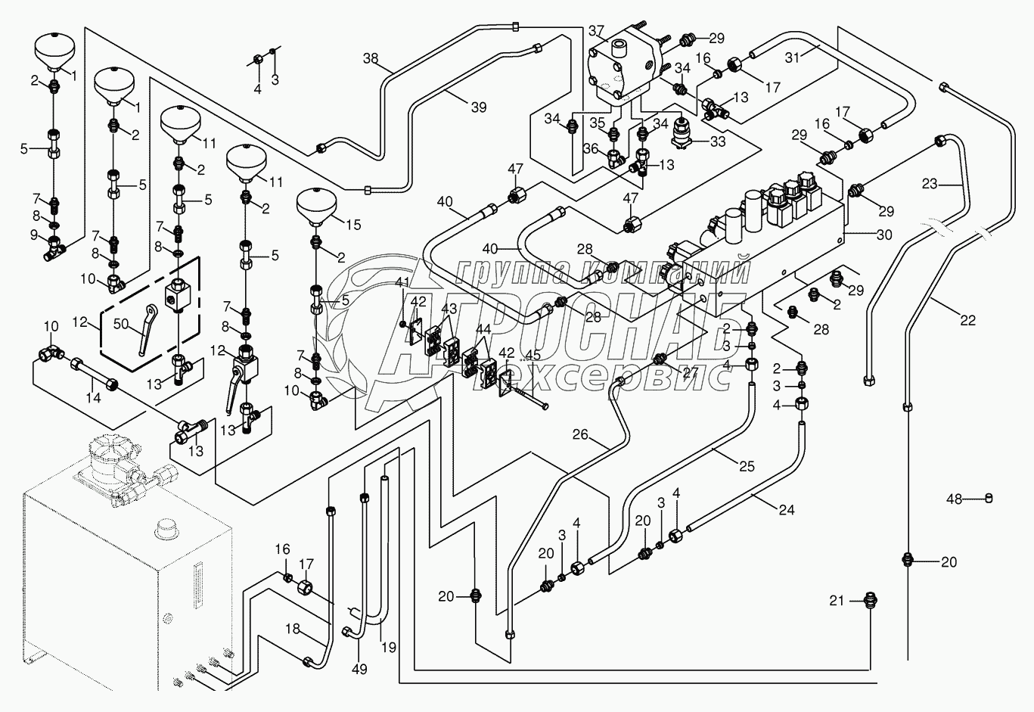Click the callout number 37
click(x=596, y=31)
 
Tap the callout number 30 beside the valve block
click(x=883, y=235)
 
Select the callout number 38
click(x=371, y=58)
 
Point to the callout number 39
click(x=478, y=107)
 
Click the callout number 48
click(x=955, y=499)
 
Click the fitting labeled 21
click(x=868, y=601)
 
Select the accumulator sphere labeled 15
click(x=316, y=205)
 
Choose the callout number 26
click(x=580, y=435)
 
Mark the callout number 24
click(x=787, y=510)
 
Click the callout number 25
click(x=747, y=467)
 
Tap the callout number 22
click(x=967, y=321)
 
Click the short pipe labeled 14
click(x=92, y=375)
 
